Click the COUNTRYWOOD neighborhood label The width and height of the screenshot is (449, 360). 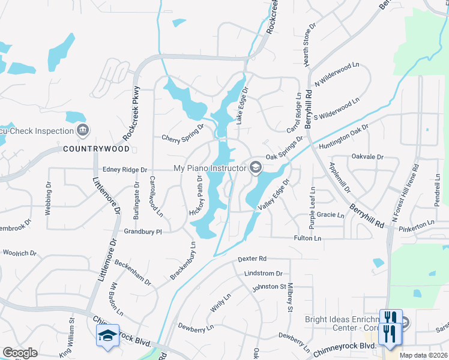coord(95,148)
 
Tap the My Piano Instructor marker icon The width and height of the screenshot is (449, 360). coord(256,167)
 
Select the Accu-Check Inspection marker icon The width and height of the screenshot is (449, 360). coord(83,130)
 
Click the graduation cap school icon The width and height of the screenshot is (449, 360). coord(107,335)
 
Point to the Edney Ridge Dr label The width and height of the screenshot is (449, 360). coord(125,170)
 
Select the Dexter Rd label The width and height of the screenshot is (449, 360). coord(252,259)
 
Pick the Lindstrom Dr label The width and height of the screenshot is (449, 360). coord(263,273)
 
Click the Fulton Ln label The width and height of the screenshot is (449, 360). coord(307,239)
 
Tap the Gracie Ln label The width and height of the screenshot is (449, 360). coord(331,215)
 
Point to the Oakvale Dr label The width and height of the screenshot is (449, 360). coord(367,157)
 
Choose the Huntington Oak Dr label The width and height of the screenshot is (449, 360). coord(343,137)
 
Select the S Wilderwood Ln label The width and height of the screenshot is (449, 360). coord(340,107)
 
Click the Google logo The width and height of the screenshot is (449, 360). coord(20,353)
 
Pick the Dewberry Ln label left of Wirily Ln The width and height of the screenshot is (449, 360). coord(196,328)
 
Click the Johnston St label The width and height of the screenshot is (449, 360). coord(269,287)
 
